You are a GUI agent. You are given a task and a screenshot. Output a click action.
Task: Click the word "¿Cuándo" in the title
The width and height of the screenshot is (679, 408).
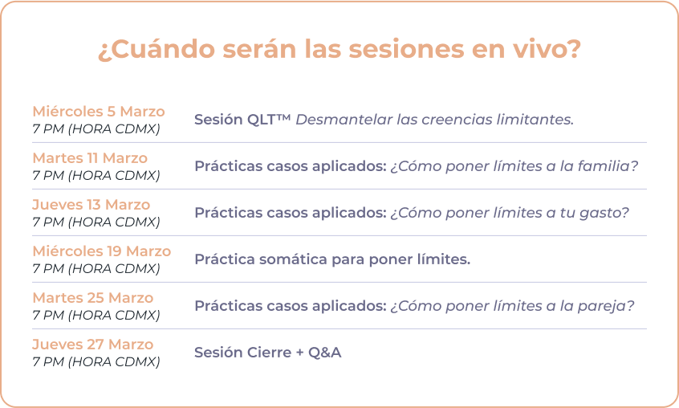click(157, 49)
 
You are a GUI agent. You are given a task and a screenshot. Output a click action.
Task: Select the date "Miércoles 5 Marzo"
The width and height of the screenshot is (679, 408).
click(99, 112)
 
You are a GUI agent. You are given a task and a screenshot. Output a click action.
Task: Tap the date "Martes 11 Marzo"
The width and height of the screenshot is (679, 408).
click(90, 158)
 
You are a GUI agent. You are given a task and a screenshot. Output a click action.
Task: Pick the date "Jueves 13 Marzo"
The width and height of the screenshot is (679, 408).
click(91, 205)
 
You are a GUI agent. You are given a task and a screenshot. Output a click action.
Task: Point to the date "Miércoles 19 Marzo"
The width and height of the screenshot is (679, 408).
click(102, 251)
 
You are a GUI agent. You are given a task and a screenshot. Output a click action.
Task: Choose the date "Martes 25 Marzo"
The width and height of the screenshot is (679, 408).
click(93, 297)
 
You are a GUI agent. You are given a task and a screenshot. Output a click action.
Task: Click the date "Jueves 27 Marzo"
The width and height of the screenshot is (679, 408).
click(93, 345)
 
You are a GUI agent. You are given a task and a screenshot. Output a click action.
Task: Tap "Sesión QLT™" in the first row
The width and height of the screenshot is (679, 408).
click(242, 119)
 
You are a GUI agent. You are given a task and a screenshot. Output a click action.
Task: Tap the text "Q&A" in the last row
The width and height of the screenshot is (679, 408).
click(325, 353)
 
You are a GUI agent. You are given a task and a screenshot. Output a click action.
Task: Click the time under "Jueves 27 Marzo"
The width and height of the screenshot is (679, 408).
click(96, 361)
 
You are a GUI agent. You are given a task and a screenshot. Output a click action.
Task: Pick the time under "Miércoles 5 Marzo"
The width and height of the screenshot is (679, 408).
click(96, 129)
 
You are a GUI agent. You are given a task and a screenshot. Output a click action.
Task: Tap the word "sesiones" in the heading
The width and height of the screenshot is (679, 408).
click(406, 49)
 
